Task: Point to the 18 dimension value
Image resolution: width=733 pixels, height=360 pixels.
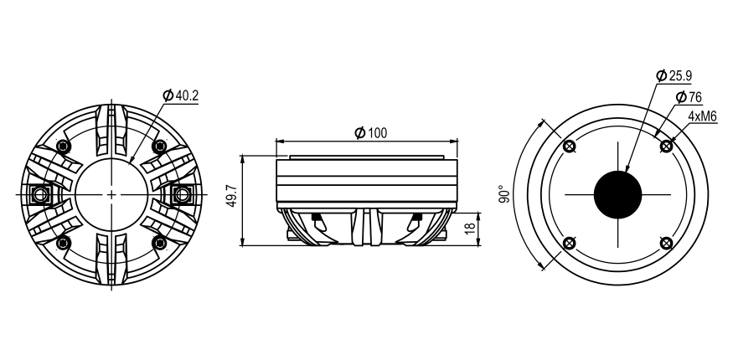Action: point(470,226)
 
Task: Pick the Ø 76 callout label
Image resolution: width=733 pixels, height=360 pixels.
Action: point(688,97)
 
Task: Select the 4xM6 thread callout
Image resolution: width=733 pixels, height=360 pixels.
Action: point(702,117)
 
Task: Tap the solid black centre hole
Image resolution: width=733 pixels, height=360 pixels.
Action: point(617,195)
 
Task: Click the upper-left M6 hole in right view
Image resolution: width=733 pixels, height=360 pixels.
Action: point(570,147)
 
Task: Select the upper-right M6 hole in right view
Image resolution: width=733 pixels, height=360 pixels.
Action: point(666,147)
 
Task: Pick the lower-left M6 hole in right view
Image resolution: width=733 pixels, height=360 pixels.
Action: point(570,244)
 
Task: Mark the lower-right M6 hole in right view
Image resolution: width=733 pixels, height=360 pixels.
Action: point(666,244)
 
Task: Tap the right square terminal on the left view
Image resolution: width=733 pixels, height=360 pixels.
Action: point(182,194)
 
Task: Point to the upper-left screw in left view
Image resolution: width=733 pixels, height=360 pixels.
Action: point(63,146)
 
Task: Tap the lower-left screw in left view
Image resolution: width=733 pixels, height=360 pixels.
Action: point(63,243)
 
